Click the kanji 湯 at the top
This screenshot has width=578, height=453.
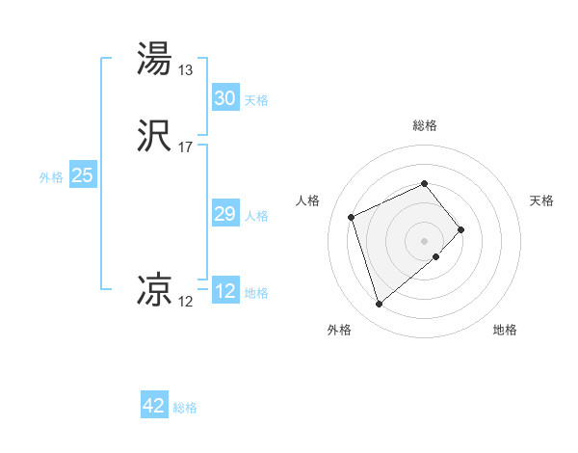point(155,59)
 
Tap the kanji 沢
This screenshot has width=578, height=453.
point(155,136)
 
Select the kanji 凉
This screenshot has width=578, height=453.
point(155,290)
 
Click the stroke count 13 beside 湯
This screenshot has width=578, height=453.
point(186,70)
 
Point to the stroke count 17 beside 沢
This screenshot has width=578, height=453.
point(186,147)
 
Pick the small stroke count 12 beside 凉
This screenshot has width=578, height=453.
point(186,302)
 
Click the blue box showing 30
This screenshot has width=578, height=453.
point(224,98)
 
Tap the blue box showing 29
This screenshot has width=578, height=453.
point(224,214)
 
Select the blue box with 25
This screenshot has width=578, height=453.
point(82,175)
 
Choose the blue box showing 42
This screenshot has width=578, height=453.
point(154,406)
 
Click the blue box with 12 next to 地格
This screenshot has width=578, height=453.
point(224,291)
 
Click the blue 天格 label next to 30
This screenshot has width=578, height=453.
point(256,100)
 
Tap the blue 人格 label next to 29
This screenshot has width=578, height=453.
point(256,216)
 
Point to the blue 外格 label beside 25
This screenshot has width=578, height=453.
point(51,177)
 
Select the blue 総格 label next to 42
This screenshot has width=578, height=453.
point(185,408)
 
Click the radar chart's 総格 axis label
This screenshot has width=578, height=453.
point(425,126)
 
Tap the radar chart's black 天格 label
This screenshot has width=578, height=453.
point(541,200)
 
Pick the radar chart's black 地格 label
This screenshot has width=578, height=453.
point(505,331)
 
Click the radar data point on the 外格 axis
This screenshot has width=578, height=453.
point(380,305)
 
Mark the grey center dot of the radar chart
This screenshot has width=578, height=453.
point(425,240)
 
